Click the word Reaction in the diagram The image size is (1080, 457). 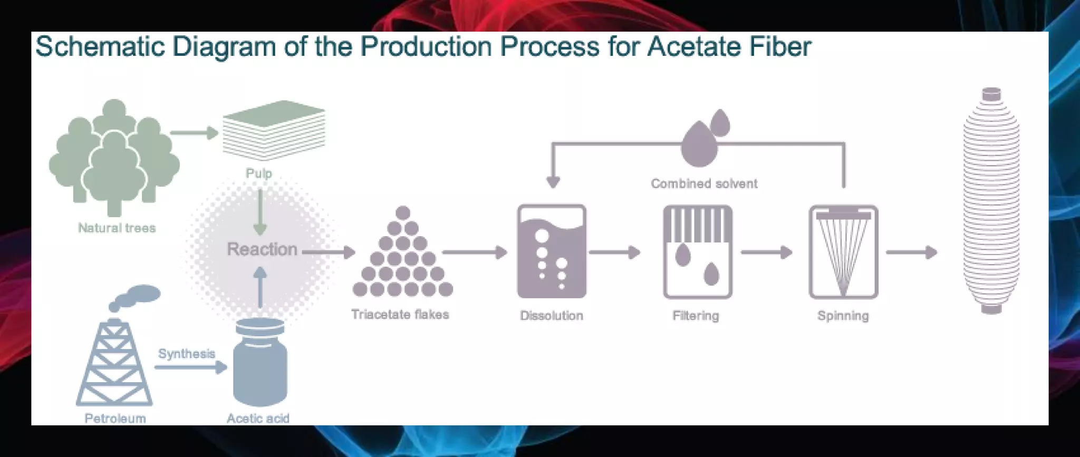(262, 249)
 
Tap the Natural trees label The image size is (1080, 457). (117, 228)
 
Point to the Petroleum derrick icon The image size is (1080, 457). (114, 364)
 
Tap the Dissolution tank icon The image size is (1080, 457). (552, 252)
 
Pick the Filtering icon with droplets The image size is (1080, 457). (697, 252)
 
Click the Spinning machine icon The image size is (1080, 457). (843, 252)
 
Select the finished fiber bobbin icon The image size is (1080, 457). (991, 200)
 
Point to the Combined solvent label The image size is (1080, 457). (704, 184)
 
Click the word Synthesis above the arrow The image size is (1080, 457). (187, 354)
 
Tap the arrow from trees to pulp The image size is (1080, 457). (194, 133)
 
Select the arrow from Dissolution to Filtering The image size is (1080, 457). (614, 252)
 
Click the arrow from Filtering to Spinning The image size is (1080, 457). (766, 252)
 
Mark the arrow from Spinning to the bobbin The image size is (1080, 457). (911, 252)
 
